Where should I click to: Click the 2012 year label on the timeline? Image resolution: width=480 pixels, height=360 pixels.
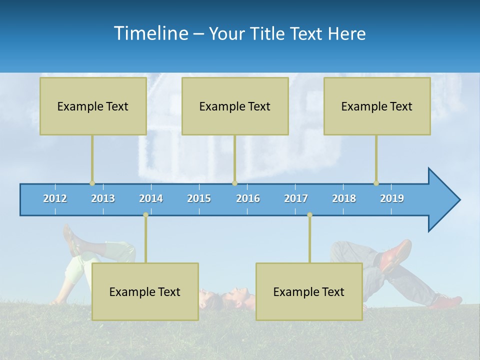55,198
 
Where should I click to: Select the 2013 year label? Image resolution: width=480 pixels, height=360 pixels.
103,198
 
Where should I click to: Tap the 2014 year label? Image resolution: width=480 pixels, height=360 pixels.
151,198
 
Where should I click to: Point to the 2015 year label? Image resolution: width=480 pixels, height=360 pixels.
199,198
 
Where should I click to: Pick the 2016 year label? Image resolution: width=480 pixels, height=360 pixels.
248,198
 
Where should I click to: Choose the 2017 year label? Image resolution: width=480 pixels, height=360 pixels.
296,198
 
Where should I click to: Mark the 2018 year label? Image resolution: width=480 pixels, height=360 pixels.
344,198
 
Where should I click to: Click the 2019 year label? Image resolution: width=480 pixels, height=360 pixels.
392,198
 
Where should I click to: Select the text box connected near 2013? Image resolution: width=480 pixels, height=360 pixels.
93,106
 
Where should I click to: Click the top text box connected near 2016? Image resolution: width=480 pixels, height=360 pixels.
235,106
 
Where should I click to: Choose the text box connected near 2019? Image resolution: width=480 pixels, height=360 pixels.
377,106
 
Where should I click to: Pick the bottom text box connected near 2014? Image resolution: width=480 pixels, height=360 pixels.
145,291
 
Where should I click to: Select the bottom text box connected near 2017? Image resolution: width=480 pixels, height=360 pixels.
309,291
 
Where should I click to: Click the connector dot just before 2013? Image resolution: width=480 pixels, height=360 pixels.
92,183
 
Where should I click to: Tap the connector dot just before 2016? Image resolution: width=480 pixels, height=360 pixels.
234,183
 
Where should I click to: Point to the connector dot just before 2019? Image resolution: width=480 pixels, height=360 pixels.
376,183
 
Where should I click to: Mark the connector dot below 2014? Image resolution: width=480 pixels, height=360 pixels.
145,215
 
